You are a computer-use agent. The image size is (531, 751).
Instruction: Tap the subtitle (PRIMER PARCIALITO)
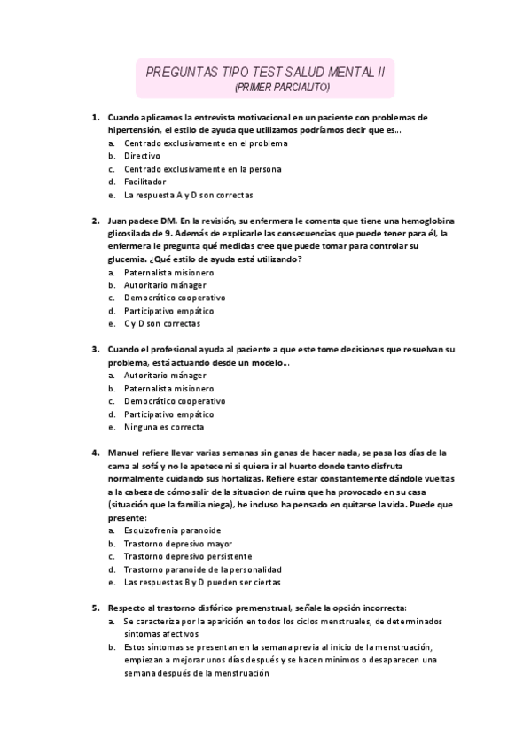pyautogui.click(x=282, y=88)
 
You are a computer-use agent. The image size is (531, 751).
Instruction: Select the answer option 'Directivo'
pyautogui.click(x=142, y=155)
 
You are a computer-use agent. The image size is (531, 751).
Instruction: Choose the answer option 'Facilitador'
pyautogui.click(x=144, y=182)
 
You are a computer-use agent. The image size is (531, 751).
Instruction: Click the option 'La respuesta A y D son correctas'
pyautogui.click(x=189, y=194)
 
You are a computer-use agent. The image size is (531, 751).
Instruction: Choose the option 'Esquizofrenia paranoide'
pyautogui.click(x=172, y=530)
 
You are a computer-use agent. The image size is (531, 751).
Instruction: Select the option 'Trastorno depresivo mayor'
pyautogui.click(x=178, y=543)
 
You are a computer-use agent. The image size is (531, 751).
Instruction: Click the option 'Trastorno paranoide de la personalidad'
pyautogui.click(x=203, y=569)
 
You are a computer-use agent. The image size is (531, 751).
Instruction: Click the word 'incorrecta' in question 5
pyautogui.click(x=380, y=608)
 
